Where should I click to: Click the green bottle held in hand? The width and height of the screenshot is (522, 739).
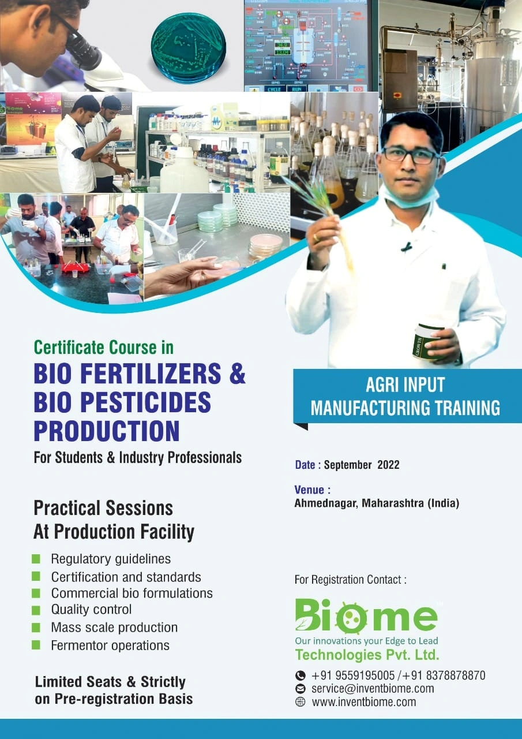[426, 341]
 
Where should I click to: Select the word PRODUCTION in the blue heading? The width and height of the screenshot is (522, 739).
[107, 431]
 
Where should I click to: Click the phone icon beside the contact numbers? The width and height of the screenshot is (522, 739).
[300, 675]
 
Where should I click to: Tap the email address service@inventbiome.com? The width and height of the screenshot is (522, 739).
[373, 688]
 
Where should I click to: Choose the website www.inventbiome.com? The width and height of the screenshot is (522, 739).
[363, 702]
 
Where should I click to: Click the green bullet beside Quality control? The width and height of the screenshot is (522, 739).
[36, 610]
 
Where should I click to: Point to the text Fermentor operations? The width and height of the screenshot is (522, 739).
[110, 645]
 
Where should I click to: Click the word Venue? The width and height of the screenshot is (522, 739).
[312, 490]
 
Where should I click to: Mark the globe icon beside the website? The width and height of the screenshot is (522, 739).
[300, 702]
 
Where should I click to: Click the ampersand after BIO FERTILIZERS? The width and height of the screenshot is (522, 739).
[237, 374]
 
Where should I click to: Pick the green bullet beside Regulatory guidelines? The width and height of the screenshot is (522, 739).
[36, 558]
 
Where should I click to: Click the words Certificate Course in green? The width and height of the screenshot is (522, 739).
[104, 348]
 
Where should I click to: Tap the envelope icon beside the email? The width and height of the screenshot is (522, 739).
[300, 688]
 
